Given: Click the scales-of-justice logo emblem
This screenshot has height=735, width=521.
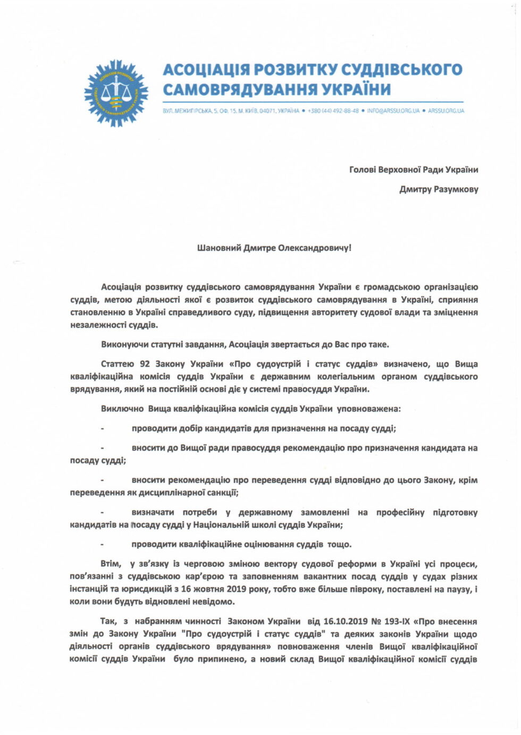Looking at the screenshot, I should click(x=116, y=93).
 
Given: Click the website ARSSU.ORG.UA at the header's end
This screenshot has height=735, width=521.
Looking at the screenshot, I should click(x=446, y=111).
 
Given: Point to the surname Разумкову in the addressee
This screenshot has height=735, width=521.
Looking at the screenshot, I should click(x=456, y=189).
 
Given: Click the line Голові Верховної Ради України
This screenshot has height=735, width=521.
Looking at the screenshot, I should click(x=413, y=170).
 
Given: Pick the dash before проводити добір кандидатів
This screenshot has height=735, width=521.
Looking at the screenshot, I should click(x=102, y=428).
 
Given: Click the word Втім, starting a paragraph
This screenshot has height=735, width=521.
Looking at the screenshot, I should click(x=111, y=563).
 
